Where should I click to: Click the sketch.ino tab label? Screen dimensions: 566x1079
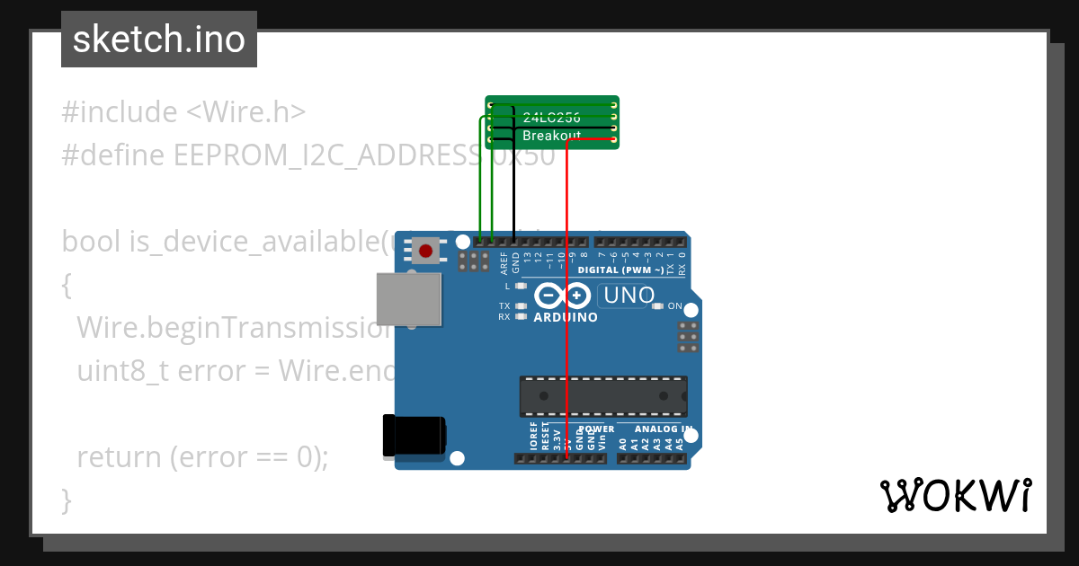[159, 40]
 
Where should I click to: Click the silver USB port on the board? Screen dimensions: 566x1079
[409, 299]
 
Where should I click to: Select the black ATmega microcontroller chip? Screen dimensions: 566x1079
[602, 396]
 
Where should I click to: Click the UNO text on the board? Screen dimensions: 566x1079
[629, 295]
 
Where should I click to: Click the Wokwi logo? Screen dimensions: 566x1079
[955, 495]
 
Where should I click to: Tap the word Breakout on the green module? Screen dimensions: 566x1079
[551, 136]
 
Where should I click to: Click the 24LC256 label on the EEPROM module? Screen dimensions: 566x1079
[551, 118]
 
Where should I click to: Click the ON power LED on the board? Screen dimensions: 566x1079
[657, 306]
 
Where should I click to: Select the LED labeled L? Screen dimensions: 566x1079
[521, 286]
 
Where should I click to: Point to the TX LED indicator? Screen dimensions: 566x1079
[521, 306]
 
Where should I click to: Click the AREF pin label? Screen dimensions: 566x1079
[504, 262]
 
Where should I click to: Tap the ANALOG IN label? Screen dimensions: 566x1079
[662, 429]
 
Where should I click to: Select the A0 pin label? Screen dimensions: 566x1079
[623, 442]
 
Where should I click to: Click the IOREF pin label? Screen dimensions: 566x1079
[533, 438]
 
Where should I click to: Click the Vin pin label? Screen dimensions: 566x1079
[602, 441]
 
